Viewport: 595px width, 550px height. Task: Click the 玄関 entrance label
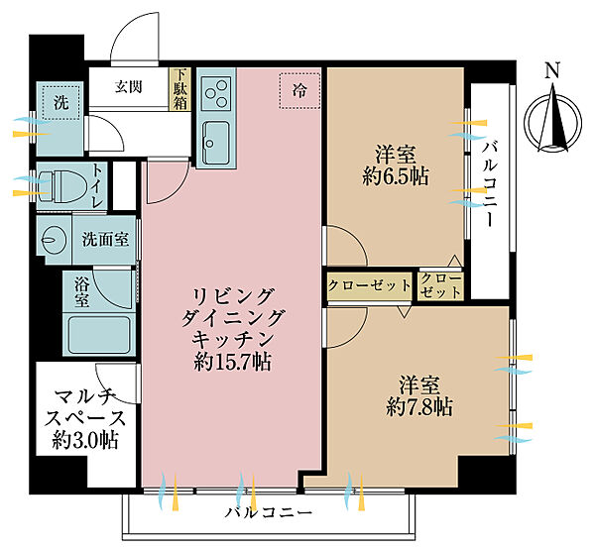tap(128, 86)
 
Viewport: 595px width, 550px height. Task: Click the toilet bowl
tap(60, 185)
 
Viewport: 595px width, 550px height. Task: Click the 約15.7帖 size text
tap(234, 362)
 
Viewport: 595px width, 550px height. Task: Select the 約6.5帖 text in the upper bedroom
tap(395, 177)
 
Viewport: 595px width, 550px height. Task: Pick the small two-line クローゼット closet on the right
tap(440, 286)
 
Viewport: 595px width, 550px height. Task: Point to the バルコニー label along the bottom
tap(268, 513)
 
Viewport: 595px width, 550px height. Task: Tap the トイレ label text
tap(98, 185)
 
